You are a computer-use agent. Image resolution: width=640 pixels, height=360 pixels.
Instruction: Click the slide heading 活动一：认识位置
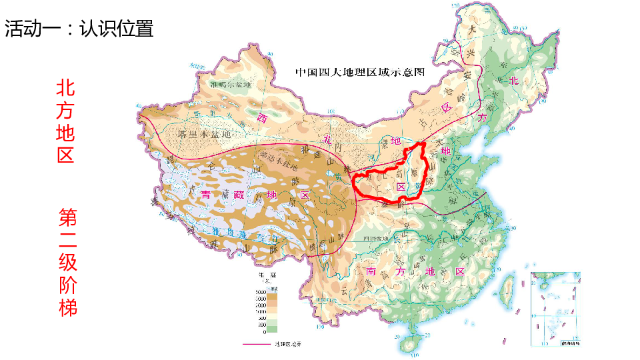coord(79,28)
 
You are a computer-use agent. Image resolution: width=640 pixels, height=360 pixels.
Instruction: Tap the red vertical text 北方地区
coord(65,121)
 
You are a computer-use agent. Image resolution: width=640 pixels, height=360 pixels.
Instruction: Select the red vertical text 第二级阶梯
coord(67,262)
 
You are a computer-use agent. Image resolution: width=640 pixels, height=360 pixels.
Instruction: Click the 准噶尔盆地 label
coord(231,85)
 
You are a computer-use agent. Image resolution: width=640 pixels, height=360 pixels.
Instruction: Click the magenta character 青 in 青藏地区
coord(206,195)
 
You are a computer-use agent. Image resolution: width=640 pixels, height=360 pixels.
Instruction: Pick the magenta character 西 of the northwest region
coord(262,118)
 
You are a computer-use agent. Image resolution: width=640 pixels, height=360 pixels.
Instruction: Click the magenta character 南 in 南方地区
coord(371,271)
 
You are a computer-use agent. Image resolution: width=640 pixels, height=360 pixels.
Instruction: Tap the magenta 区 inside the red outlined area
coord(401,187)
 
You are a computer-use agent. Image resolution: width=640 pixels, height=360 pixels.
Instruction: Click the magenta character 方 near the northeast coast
coord(482,117)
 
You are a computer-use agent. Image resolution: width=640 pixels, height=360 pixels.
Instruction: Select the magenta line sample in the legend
coord(257,345)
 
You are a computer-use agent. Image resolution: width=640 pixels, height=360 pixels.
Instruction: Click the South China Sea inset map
coord(555,309)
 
